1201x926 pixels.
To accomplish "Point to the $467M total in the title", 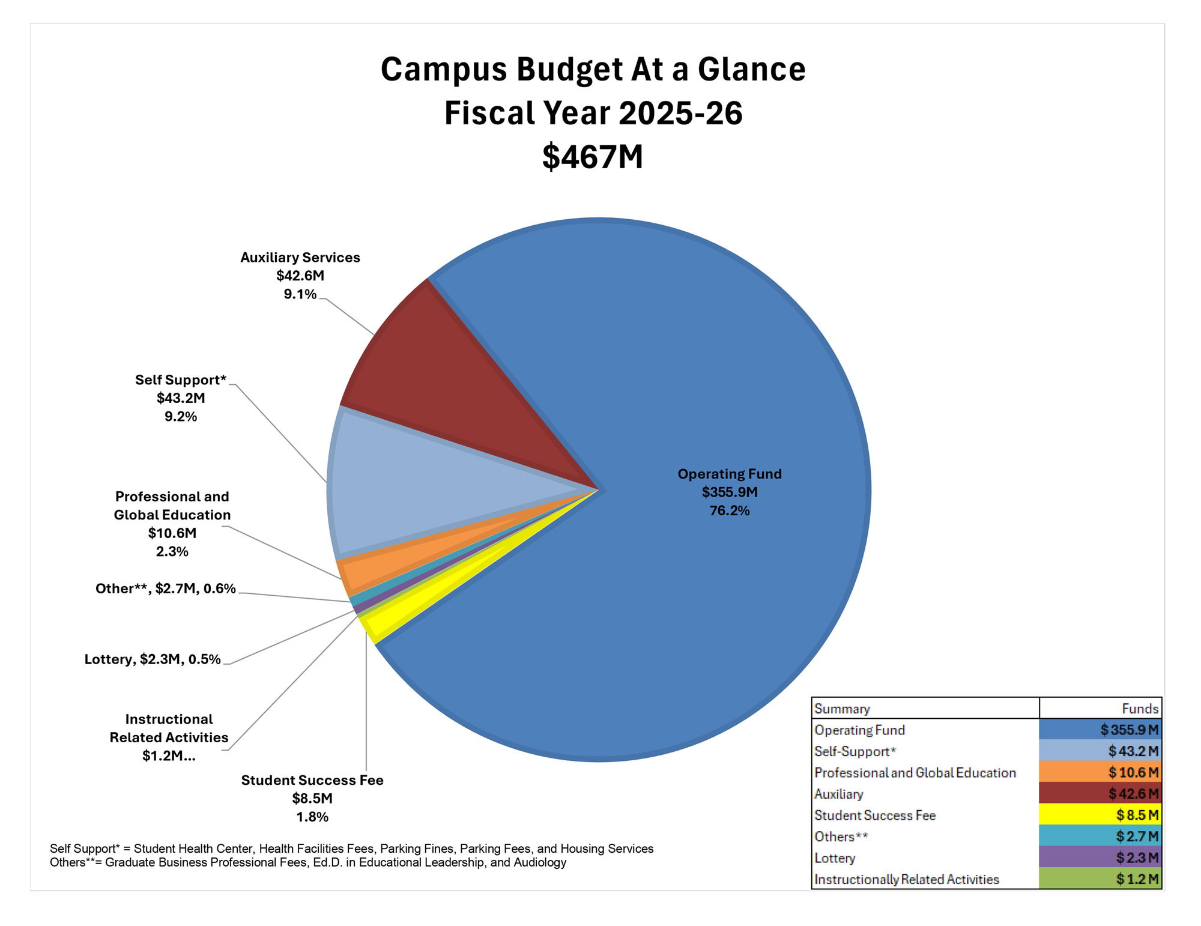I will pos(593,157).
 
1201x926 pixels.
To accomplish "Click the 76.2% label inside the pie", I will pos(729,511).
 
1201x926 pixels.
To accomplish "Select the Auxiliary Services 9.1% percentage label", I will pos(300,294).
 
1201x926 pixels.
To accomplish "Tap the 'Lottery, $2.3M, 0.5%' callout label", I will pos(153,659).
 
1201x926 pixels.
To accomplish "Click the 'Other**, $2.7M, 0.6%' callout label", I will pos(165,589).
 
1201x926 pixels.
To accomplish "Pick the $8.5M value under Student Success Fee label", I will pos(312,799).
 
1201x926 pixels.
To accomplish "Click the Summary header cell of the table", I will pos(842,709).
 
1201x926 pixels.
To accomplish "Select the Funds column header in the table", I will pos(1140,709).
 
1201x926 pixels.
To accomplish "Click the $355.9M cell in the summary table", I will pos(1129,730).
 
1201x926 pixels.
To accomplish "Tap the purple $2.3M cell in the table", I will pos(1137,858).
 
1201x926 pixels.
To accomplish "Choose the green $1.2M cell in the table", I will pos(1137,879).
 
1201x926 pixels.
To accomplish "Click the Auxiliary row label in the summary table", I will pos(838,794).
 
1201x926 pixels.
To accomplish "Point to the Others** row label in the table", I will pos(841,837).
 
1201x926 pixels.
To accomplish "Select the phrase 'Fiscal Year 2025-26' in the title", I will pos(593,113).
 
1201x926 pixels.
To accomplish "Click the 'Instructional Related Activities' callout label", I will pos(169,728).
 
